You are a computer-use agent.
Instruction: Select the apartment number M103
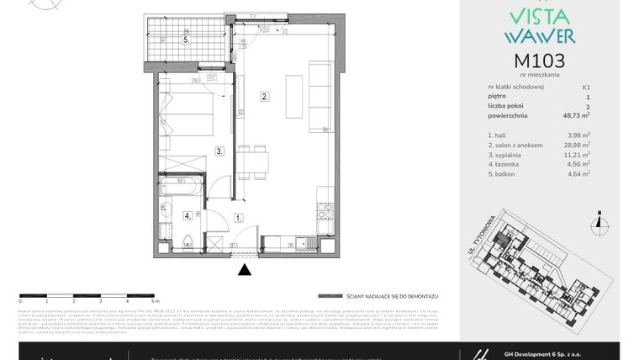(x=539, y=61)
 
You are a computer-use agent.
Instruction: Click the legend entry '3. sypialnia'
(x=504, y=155)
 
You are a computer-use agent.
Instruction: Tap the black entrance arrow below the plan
(x=245, y=270)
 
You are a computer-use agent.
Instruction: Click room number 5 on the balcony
(x=187, y=40)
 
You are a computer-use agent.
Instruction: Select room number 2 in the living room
(x=264, y=97)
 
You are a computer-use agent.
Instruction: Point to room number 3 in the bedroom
(x=219, y=151)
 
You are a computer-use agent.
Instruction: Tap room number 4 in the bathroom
(x=187, y=215)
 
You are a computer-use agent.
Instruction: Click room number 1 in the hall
(x=239, y=218)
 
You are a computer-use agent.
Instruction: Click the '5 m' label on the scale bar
(x=155, y=299)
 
